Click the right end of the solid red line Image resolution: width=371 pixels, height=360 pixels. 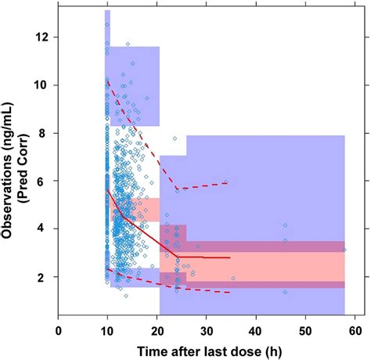[230, 257]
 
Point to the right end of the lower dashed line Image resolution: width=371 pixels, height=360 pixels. [230, 292]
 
